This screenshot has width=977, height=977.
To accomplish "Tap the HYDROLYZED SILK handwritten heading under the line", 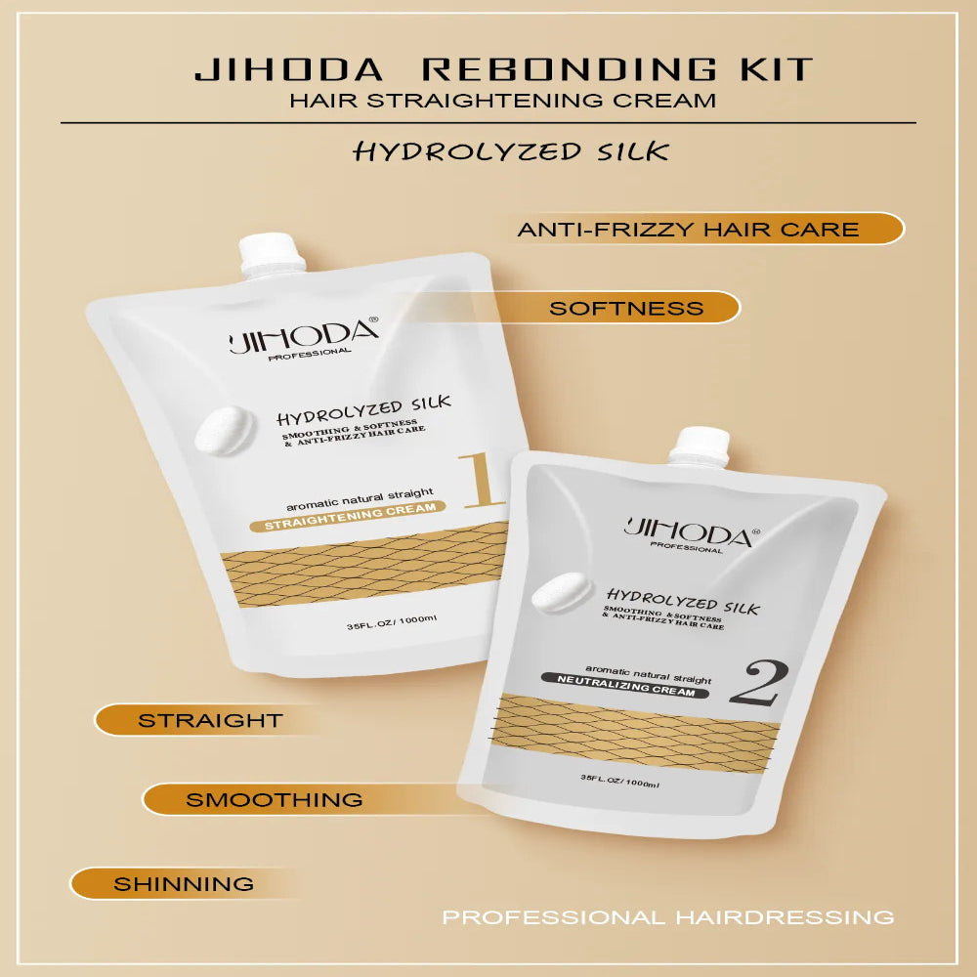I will (511, 151).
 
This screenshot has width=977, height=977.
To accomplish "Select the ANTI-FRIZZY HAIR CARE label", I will (688, 230).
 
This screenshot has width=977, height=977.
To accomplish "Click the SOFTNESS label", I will (626, 308).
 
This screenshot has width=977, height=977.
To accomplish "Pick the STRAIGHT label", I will (210, 721).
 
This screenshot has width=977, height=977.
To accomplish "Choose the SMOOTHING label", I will (275, 799).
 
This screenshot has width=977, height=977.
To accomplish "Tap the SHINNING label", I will (184, 884).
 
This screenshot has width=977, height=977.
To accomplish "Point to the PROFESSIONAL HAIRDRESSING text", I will (667, 916).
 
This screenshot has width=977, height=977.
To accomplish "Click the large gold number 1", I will (481, 480).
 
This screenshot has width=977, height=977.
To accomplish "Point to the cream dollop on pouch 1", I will (226, 431).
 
